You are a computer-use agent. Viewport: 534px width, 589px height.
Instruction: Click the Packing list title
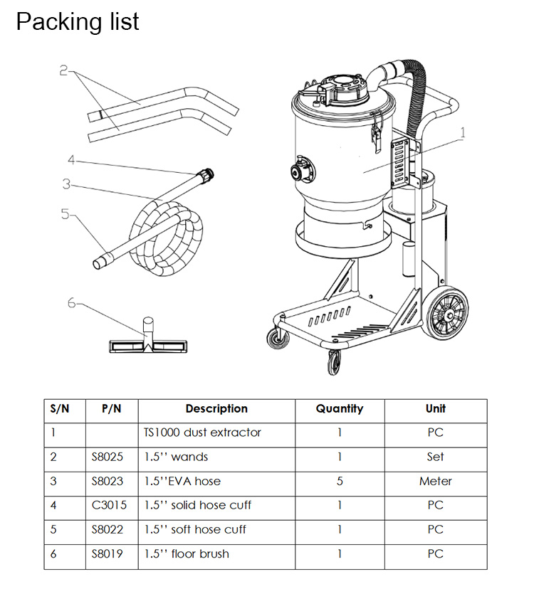(78, 22)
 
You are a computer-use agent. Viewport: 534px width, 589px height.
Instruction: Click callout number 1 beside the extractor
(462, 132)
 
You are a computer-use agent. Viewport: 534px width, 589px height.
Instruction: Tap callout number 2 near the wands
(63, 70)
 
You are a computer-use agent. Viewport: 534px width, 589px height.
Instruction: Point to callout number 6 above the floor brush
(71, 303)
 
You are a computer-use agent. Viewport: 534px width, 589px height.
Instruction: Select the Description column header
(216, 409)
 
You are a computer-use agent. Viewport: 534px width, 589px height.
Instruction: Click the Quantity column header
(340, 409)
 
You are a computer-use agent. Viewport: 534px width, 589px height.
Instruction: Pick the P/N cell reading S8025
(107, 457)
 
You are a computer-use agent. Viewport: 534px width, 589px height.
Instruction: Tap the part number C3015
(107, 505)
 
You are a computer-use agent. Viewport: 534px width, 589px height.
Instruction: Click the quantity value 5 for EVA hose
(340, 481)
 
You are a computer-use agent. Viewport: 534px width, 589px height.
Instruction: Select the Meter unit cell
(435, 481)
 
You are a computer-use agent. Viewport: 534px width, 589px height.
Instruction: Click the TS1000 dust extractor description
(202, 433)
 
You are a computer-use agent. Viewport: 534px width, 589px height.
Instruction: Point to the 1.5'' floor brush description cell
(187, 553)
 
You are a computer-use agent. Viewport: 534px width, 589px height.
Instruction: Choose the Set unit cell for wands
(435, 457)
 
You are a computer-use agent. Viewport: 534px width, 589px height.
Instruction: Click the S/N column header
(61, 409)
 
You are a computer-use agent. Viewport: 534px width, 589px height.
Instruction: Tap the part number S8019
(107, 553)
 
